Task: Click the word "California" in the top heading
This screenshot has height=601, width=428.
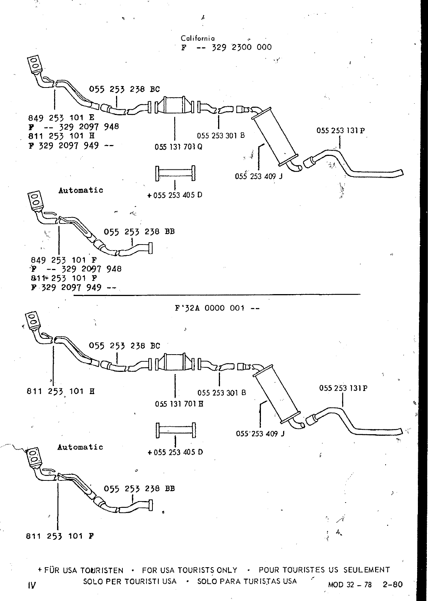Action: [197, 38]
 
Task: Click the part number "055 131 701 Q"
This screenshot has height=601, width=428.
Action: [178, 147]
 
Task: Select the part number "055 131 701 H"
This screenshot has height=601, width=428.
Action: [179, 404]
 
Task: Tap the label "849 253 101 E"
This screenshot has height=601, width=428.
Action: [62, 118]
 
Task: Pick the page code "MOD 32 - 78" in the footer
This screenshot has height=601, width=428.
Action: [350, 584]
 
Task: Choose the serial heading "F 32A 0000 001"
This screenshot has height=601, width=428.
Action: [210, 308]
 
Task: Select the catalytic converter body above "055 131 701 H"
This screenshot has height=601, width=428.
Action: [175, 362]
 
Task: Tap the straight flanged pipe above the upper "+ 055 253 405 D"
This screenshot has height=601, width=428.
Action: [175, 173]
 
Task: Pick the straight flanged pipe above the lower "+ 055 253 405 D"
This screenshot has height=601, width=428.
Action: [176, 430]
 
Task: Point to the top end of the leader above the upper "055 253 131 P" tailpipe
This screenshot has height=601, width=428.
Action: [340, 136]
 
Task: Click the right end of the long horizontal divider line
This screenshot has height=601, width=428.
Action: [360, 294]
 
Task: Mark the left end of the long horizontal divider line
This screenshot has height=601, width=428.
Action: [74, 295]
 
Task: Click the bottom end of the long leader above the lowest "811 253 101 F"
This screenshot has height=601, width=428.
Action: [58, 530]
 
